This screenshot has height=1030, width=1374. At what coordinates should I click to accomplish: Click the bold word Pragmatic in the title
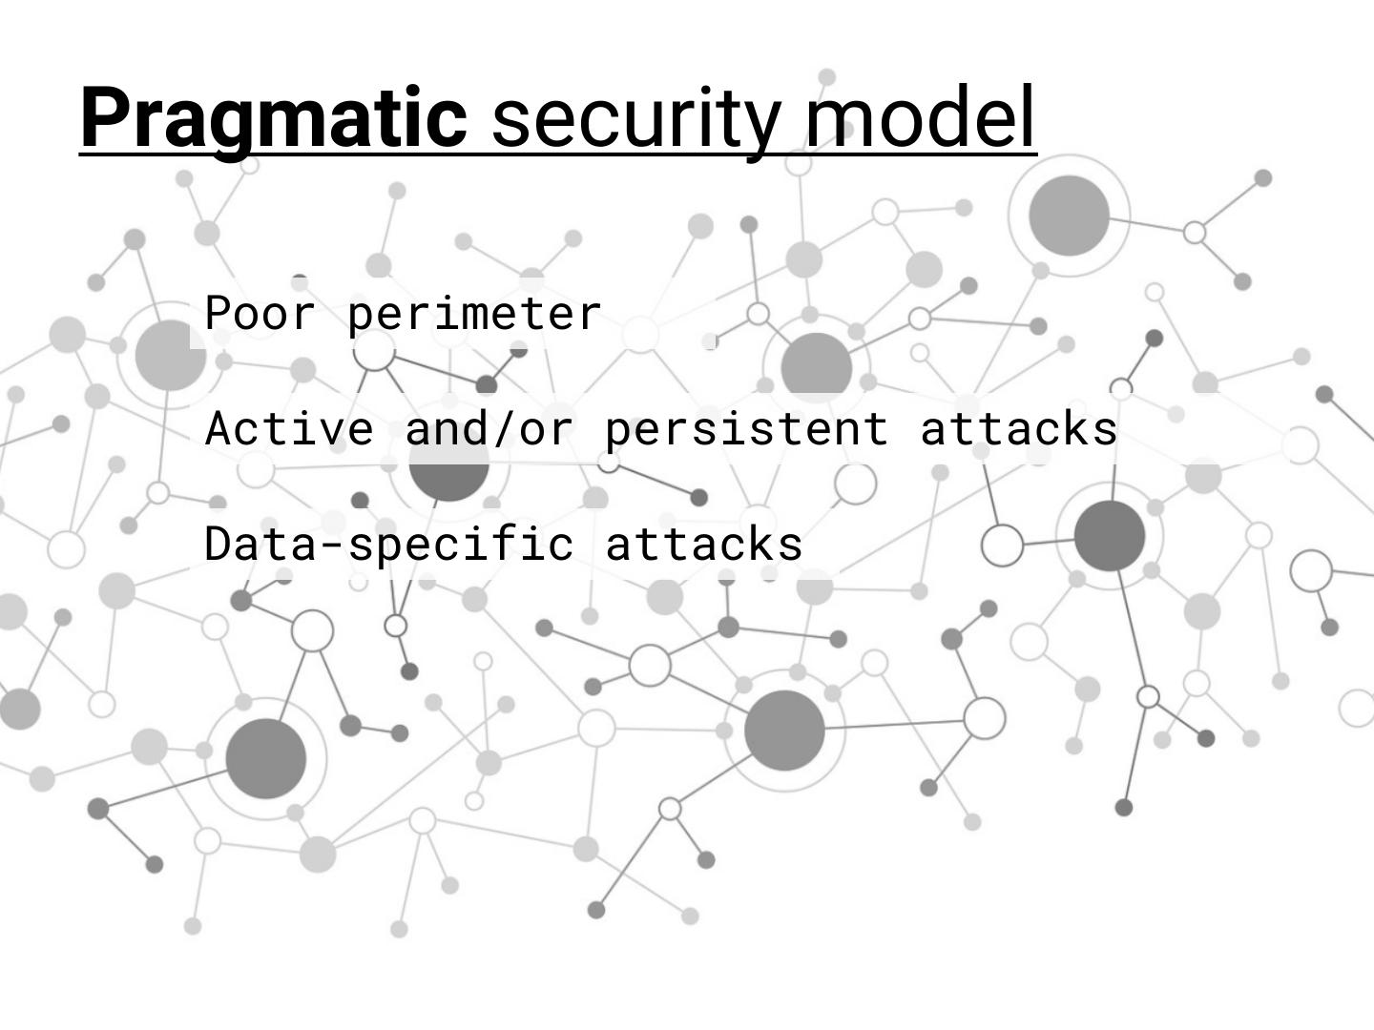(273, 118)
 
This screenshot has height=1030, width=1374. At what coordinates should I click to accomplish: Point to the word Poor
(260, 314)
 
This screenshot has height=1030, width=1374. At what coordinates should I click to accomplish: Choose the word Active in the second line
(289, 428)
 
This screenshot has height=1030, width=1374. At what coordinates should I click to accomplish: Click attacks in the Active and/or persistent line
(1019, 428)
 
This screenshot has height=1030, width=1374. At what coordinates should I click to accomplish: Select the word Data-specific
(389, 545)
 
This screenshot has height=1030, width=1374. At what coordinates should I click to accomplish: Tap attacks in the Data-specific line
(704, 545)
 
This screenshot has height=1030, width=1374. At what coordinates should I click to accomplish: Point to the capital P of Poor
(219, 314)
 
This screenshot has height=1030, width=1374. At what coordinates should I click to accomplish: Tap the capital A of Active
(219, 428)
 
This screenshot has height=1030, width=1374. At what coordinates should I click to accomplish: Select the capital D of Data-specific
(219, 544)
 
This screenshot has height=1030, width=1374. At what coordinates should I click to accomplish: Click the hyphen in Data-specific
(333, 546)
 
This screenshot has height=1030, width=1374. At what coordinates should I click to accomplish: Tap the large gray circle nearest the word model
(1069, 216)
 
